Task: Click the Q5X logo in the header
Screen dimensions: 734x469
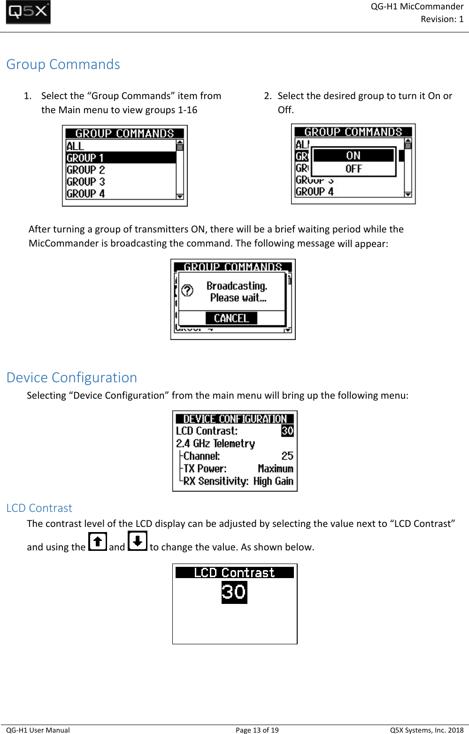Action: pos(28,12)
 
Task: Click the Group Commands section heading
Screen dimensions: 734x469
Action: pos(63,64)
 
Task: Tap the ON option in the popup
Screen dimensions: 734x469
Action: pos(353,155)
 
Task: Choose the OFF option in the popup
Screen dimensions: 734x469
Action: pos(354,169)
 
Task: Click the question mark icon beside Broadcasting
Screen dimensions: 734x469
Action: pos(187,291)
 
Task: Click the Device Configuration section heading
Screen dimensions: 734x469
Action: pos(71,378)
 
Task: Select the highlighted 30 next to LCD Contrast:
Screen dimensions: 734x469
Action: pos(287,431)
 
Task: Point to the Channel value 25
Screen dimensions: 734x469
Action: pos(287,456)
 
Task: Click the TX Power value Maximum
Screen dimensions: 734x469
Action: pos(275,469)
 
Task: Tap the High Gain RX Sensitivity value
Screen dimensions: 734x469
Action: pos(273,481)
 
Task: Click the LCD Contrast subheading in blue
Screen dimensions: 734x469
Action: pos(39,508)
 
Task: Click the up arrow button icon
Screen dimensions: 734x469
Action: pos(98,542)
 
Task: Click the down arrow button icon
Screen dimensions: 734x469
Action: pos(138,541)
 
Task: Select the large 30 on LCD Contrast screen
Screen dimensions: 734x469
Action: pos(234,592)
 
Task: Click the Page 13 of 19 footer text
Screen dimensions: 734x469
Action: pos(257,730)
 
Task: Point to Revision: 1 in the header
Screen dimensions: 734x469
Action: pos(442,19)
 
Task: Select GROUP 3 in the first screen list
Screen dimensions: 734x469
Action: pos(86,182)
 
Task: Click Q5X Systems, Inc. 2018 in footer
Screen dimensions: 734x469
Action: pos(426,730)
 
